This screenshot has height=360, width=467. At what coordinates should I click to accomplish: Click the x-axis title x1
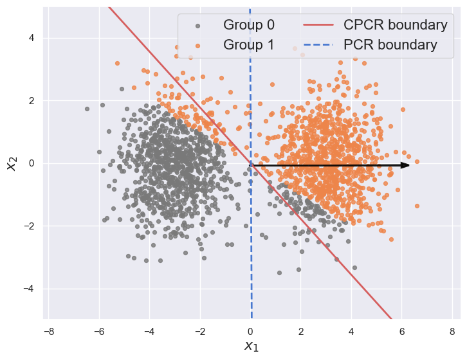(x=251, y=346)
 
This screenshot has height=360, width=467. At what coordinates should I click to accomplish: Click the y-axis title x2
(x=11, y=163)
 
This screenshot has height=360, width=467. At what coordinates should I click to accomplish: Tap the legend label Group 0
(x=249, y=25)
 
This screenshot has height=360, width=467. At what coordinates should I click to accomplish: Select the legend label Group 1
(x=249, y=45)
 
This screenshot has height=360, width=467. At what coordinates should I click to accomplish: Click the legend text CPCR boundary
(x=395, y=25)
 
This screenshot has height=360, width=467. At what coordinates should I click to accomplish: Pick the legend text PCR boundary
(x=390, y=45)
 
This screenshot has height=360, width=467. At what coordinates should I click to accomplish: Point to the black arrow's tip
(x=409, y=165)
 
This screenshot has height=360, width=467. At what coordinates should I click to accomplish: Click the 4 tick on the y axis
(x=30, y=38)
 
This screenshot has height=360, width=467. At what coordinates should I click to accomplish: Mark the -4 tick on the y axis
(x=28, y=289)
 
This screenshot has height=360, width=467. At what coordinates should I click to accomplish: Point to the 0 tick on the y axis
(x=30, y=163)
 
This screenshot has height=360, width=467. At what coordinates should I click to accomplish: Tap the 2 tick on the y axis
(x=30, y=101)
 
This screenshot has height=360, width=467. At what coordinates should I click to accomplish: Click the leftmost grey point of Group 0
(x=87, y=109)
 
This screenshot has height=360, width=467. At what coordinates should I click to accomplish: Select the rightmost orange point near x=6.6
(x=417, y=161)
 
